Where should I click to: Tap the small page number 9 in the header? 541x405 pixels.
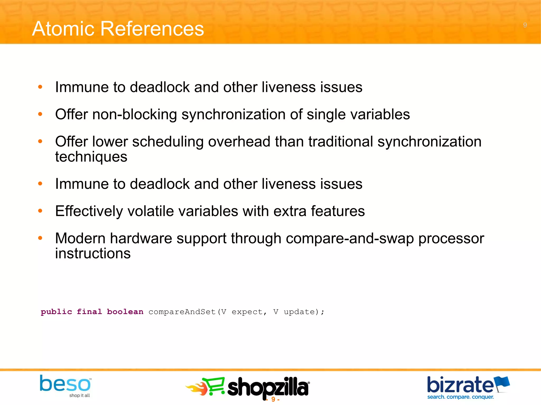point(525,25)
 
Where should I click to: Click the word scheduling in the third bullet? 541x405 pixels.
point(168,142)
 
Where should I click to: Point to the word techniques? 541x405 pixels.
point(91,157)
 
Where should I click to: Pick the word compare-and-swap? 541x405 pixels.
point(349,239)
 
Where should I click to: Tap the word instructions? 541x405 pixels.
point(93,254)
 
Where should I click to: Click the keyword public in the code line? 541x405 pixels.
point(56,312)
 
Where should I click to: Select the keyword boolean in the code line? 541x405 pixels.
point(125,312)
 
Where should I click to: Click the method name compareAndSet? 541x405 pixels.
point(182,312)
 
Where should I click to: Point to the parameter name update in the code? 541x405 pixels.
point(299,312)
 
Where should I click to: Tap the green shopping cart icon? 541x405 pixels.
point(215,386)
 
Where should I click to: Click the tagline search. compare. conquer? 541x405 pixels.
point(460,397)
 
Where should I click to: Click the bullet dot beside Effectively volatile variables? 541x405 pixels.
point(40,211)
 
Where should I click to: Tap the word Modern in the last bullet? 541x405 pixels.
point(80,239)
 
